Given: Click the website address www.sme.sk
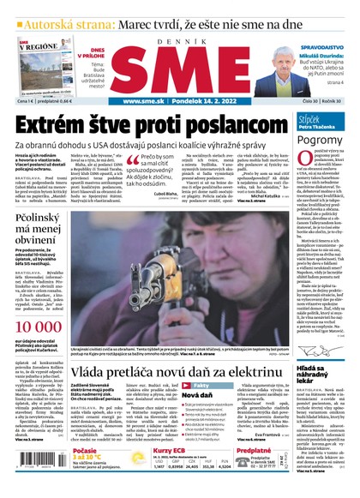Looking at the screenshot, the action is click(144, 100).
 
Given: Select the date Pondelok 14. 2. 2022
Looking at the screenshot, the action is click(209, 100).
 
